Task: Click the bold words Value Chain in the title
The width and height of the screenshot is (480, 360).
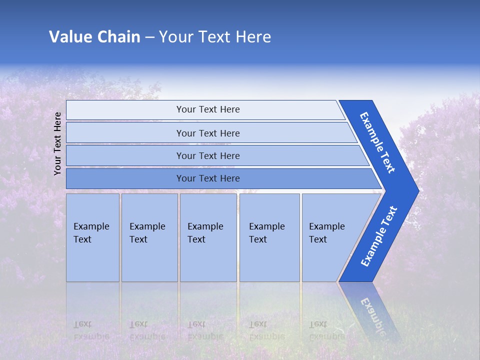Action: click(x=94, y=36)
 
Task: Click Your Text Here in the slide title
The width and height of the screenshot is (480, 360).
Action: click(x=215, y=36)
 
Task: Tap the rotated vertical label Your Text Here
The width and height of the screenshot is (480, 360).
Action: click(x=57, y=143)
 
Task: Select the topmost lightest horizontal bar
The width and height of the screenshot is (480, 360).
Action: click(x=125, y=110)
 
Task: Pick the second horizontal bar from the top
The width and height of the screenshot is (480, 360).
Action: click(x=125, y=133)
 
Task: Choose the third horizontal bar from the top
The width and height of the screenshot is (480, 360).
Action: click(x=125, y=155)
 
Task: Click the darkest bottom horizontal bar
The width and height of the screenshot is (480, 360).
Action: click(x=125, y=178)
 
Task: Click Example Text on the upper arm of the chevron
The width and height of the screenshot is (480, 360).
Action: click(x=377, y=142)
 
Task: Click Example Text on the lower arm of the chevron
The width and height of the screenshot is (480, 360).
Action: click(x=378, y=236)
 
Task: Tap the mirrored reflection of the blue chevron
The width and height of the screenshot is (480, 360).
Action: click(x=370, y=310)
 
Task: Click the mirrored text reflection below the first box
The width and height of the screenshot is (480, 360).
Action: click(x=91, y=330)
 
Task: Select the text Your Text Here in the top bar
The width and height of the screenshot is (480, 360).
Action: click(x=208, y=109)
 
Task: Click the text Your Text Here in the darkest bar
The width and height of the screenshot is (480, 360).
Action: click(x=208, y=178)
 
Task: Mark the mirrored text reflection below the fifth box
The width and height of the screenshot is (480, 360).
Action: click(x=326, y=330)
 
